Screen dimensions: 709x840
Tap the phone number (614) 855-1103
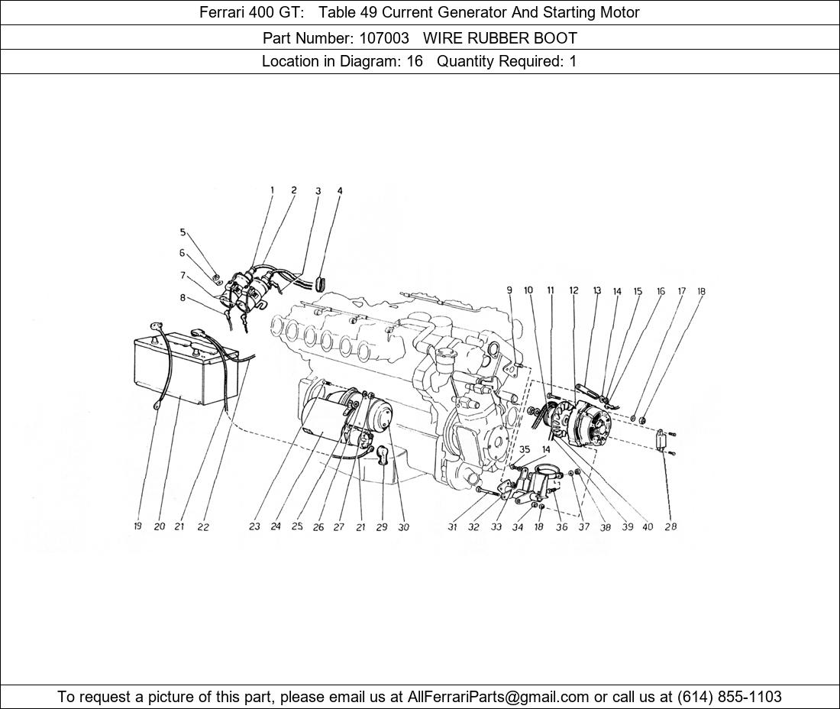tap(729, 697)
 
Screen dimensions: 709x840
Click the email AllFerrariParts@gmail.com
tap(499, 697)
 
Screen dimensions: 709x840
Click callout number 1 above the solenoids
tap(272, 190)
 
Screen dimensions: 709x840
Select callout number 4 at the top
tap(340, 191)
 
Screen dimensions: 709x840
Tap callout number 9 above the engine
tap(509, 290)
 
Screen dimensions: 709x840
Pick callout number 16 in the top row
tap(661, 291)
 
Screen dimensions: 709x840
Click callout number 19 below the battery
tap(138, 526)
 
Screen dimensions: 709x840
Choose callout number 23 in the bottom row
tap(254, 526)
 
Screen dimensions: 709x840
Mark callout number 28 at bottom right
tap(670, 526)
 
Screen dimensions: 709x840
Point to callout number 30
tap(403, 526)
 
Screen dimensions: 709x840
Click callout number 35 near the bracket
tap(525, 450)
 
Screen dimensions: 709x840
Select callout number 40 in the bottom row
tap(648, 526)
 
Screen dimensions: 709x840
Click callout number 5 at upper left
tap(183, 232)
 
